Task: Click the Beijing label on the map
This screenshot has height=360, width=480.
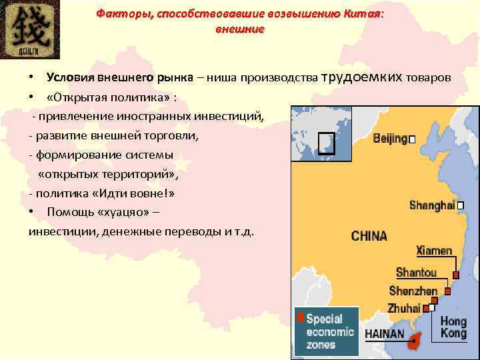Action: tap(390, 139)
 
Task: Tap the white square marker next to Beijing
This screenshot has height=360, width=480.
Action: tap(412, 139)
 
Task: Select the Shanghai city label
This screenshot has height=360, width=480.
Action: tap(432, 205)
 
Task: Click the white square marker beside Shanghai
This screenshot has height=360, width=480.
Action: tap(460, 206)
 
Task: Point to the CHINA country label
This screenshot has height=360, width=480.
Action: tap(369, 236)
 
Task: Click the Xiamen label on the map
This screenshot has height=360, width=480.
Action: tap(434, 251)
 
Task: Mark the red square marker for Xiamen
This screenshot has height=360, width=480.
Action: tap(455, 275)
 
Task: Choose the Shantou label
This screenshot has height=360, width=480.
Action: tap(416, 272)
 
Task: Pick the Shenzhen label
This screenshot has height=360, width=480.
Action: tap(413, 291)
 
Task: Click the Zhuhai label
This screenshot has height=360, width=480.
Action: tap(404, 309)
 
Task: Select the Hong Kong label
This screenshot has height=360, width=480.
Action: tap(453, 327)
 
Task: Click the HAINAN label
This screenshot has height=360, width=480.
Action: tap(385, 333)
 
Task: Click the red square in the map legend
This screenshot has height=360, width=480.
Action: tap(301, 317)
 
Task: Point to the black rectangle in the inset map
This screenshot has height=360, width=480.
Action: tap(326, 143)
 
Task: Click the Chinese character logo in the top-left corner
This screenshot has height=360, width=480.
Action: tap(31, 29)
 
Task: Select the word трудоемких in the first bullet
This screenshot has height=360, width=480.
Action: tap(363, 77)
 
